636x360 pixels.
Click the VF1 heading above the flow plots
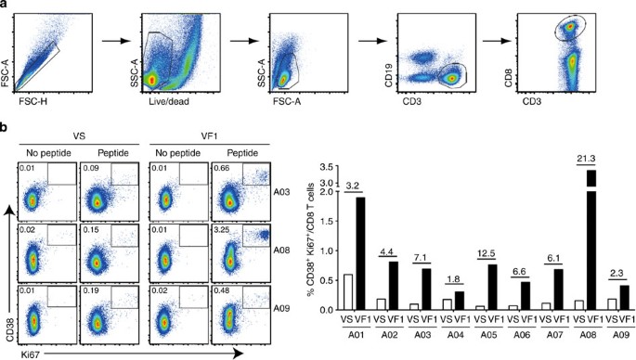click(194, 133)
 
